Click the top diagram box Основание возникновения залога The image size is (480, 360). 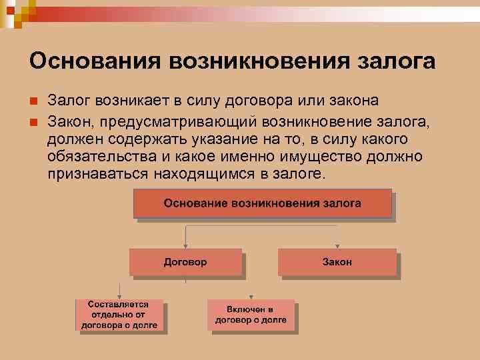[x=262, y=203]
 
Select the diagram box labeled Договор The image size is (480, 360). [x=185, y=262]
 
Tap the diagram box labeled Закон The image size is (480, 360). [x=337, y=262]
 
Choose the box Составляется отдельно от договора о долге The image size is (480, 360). [x=119, y=315]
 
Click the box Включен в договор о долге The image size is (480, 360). [x=251, y=315]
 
